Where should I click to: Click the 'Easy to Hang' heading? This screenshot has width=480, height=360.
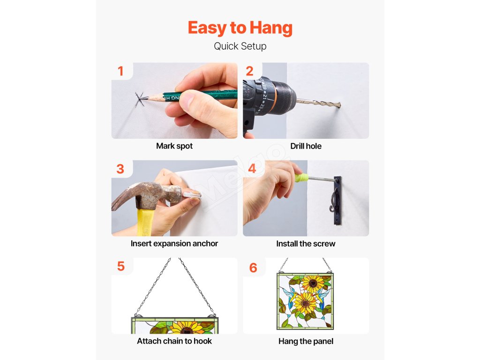coord(240,28)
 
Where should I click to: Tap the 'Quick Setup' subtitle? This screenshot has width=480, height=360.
coord(240,46)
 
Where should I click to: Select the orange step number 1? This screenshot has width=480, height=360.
coord(120,71)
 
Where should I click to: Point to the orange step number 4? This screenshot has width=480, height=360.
coord(252,168)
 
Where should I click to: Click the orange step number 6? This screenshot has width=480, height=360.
coord(253,268)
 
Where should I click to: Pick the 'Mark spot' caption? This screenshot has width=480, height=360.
coord(174,146)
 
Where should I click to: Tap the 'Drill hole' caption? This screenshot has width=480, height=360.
coord(306,146)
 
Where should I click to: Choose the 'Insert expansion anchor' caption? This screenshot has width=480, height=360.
coord(174,243)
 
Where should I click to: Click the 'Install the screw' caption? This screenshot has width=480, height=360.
coord(306,244)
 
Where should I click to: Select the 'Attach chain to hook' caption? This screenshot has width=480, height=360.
coord(174,341)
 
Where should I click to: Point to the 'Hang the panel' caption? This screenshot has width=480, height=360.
coord(306,341)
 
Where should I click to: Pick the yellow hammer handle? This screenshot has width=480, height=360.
coord(146,222)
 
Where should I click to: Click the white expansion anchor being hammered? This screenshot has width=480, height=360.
coord(192,194)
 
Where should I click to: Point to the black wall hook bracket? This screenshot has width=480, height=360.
coord(337,201)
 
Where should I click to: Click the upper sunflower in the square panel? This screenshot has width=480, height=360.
coord(313,283)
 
